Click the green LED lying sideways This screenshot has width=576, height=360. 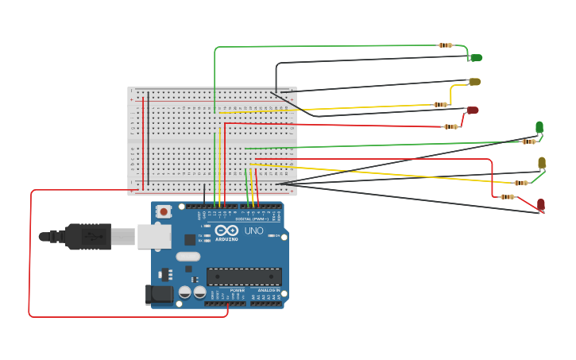click(476, 57)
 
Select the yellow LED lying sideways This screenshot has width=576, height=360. click(474, 82)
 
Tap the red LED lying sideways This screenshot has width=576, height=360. click(473, 110)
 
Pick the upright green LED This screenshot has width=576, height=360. click(539, 127)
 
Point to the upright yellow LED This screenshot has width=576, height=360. click(542, 163)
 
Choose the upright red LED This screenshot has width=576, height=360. click(541, 205)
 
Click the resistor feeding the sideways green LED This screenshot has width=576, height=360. click(446, 45)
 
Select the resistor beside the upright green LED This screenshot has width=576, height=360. click(528, 141)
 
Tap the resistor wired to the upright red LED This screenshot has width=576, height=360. click(507, 197)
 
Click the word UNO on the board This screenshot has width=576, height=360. click(253, 231)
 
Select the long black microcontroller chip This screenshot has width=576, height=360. click(244, 276)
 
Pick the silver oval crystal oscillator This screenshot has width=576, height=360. click(187, 256)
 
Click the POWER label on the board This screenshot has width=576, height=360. click(237, 291)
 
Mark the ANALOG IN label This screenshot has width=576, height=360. click(268, 291)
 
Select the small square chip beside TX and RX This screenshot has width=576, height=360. click(190, 239)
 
